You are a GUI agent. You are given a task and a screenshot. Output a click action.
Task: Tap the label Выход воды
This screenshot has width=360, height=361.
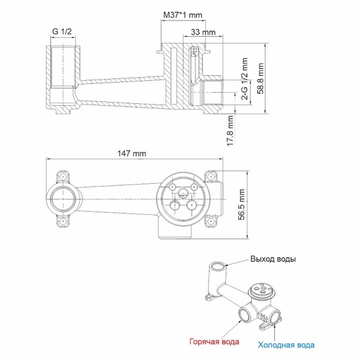click(x=273, y=258)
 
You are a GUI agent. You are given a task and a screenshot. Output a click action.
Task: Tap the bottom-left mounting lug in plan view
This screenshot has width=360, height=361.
click(x=63, y=220)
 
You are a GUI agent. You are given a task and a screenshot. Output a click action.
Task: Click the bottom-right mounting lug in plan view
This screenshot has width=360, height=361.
click(x=213, y=220)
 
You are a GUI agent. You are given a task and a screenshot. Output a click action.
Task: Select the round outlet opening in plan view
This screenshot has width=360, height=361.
click(x=63, y=199)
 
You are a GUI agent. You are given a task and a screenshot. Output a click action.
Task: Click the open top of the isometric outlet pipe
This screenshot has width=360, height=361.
click(x=217, y=266)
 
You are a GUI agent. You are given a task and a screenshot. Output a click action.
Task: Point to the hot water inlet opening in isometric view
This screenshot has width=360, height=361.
click(x=245, y=317)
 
